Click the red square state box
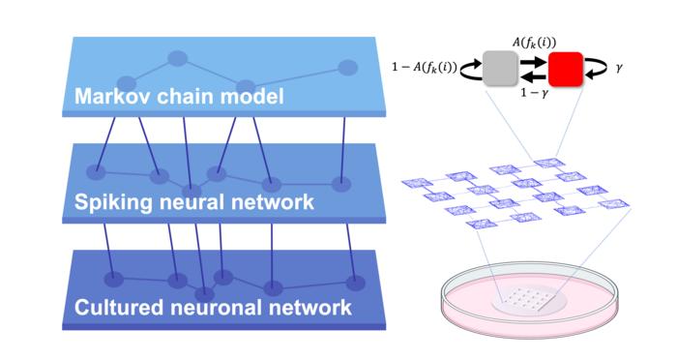tap(565, 69)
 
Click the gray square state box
tap(500, 69)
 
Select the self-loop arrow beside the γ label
tap(597, 69)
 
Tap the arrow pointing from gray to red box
tap(533, 61)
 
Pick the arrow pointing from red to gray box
tap(533, 77)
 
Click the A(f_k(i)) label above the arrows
tap(534, 43)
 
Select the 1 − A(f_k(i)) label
tap(424, 68)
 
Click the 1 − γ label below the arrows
tap(534, 93)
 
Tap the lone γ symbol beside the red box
tap(619, 68)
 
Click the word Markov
tap(113, 96)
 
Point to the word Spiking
tap(112, 202)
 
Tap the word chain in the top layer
tap(186, 96)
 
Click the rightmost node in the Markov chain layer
tap(347, 68)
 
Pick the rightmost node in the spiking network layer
tap(341, 184)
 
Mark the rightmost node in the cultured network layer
tap(356, 284)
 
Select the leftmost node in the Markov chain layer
tap(127, 83)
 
